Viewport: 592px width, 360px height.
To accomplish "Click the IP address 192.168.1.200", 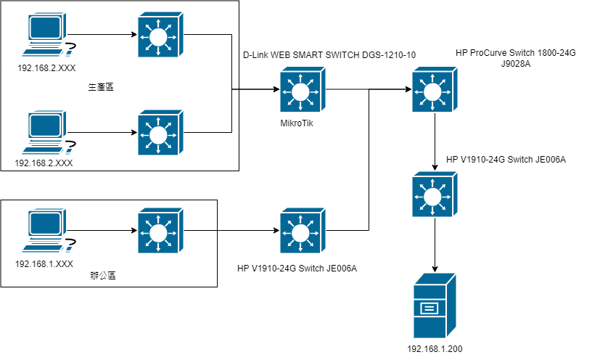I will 435,349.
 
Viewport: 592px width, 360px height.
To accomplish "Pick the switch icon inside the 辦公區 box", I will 158,232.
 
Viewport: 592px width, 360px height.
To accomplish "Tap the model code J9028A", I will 516,64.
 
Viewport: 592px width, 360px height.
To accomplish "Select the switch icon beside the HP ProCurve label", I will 434,91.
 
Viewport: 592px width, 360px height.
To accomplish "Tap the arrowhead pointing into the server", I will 434,266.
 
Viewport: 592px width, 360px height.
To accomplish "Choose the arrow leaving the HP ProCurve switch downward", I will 434,142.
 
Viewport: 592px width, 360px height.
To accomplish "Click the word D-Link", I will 255,55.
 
